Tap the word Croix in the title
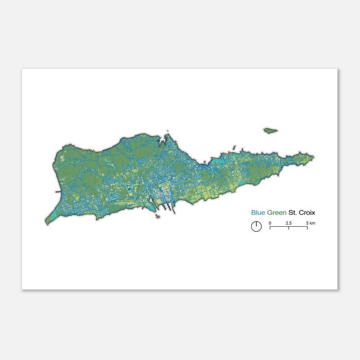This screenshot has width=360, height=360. [307, 212]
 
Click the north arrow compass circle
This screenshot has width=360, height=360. [256, 226]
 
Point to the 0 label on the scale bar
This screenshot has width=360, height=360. [270, 223]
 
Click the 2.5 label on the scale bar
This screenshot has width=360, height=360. [288, 223]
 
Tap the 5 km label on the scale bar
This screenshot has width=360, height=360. [311, 223]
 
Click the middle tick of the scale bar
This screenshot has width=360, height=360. [289, 227]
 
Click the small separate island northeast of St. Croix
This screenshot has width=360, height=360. [271, 131]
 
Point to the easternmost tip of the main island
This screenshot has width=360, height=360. [313, 157]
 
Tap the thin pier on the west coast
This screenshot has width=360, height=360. [58, 192]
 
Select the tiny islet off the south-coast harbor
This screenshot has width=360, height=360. [157, 216]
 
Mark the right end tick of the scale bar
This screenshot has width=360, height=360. [307, 227]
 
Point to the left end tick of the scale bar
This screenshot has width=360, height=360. [270, 227]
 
